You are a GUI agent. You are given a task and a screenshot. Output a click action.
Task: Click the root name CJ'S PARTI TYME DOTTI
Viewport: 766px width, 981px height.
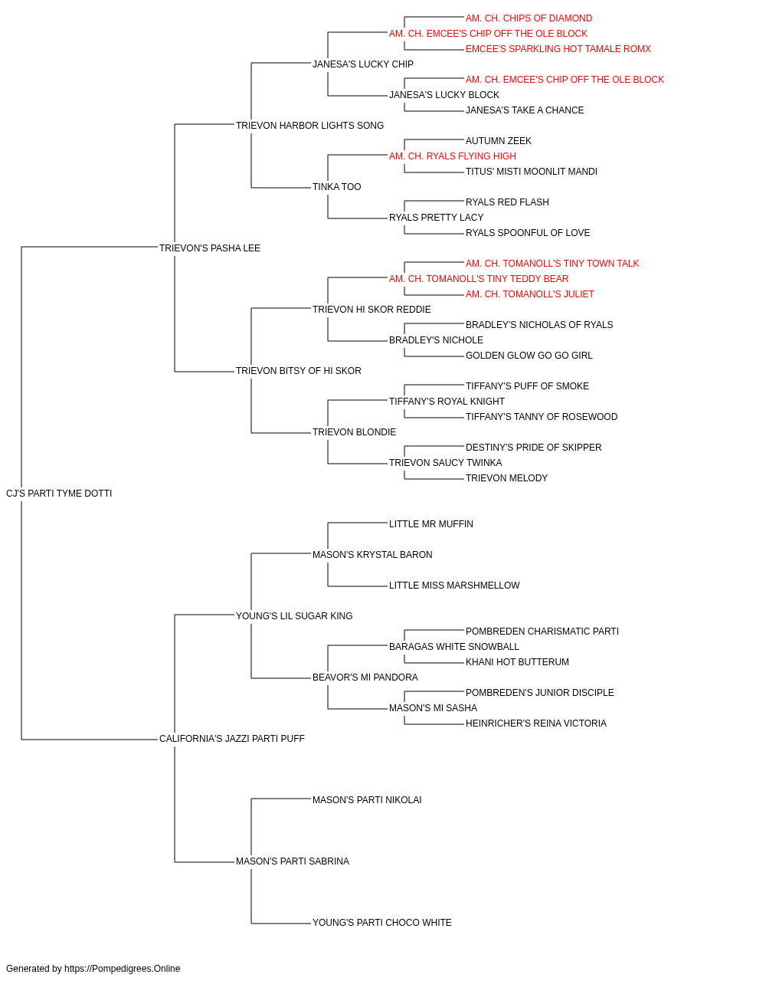click(x=59, y=494)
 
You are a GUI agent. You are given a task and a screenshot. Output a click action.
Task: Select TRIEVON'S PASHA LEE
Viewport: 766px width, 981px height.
click(x=210, y=248)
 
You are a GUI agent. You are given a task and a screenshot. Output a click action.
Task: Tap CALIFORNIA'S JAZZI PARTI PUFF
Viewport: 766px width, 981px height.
click(x=232, y=739)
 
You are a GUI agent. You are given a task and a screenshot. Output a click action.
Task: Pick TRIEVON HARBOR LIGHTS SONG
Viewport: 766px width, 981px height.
click(x=310, y=126)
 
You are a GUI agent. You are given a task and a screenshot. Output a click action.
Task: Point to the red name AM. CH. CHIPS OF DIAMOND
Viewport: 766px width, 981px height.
click(x=529, y=18)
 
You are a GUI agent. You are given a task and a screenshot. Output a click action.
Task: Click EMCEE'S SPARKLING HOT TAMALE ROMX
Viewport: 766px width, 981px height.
click(x=558, y=49)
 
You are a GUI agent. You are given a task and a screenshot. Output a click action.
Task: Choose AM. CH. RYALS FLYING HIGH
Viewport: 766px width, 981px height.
click(x=453, y=156)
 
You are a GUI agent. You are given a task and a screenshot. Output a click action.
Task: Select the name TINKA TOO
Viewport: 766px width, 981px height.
click(x=337, y=187)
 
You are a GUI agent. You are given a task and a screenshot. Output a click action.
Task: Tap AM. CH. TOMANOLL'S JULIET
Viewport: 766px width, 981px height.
click(x=529, y=294)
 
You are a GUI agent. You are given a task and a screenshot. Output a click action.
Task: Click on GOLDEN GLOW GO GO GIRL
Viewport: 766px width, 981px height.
click(x=529, y=356)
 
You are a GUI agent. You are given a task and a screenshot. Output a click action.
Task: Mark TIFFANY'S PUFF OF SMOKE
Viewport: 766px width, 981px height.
click(x=527, y=386)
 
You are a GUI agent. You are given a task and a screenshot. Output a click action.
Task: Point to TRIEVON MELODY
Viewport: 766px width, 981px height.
click(x=506, y=478)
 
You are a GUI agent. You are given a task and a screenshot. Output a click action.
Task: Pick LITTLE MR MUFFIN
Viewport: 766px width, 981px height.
click(x=431, y=524)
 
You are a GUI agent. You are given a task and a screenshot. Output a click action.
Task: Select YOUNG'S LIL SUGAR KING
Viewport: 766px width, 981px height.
click(x=294, y=616)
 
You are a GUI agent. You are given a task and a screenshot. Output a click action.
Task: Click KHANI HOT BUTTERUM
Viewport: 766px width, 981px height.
click(x=518, y=662)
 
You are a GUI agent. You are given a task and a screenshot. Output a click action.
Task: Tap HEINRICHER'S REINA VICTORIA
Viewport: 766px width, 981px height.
click(x=536, y=723)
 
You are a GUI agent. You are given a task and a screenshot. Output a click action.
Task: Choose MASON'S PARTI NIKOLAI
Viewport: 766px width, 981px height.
click(x=367, y=800)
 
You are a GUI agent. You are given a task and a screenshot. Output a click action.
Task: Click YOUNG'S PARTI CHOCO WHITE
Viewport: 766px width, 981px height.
click(x=382, y=923)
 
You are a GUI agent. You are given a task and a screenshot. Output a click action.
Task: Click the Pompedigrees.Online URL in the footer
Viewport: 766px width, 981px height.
click(x=123, y=969)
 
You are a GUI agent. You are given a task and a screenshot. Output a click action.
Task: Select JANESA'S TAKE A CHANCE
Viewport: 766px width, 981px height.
click(x=525, y=110)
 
